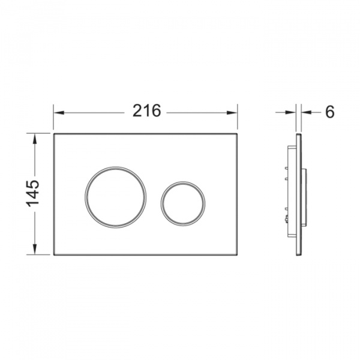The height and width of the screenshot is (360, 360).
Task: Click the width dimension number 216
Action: coord(147,110)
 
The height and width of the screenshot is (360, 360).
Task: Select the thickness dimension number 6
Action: coord(330,112)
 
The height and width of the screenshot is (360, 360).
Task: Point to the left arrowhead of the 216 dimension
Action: coord(58,113)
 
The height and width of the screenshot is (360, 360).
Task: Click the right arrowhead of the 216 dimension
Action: coord(232,113)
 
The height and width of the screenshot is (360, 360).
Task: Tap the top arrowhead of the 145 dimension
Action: coord(35,139)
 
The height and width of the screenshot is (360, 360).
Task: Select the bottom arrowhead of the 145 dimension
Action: coord(35,249)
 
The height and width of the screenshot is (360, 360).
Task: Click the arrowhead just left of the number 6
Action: coord(306,112)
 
